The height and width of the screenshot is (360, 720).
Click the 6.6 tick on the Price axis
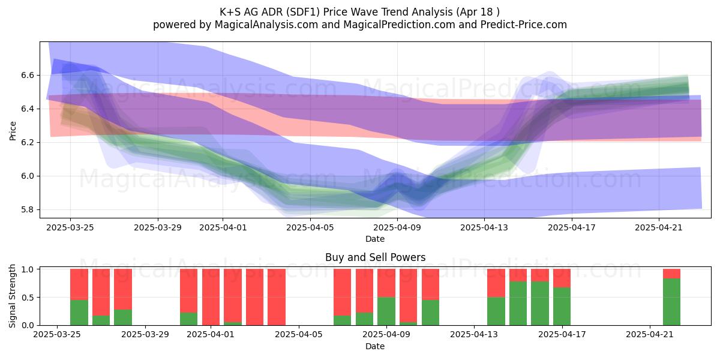pyautogui.click(x=28, y=76)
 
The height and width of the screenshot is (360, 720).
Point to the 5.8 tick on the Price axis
pyautogui.click(x=28, y=210)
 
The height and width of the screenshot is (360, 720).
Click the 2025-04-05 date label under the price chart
pyautogui.click(x=310, y=227)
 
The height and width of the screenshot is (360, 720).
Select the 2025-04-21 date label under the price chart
pyautogui.click(x=659, y=227)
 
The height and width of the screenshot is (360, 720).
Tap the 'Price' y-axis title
pyautogui.click(x=13, y=131)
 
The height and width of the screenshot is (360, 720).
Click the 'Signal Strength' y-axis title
pyautogui.click(x=12, y=296)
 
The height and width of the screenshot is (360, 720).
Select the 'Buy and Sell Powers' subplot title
pyautogui.click(x=375, y=257)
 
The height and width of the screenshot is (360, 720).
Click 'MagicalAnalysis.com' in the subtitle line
pyautogui.click(x=266, y=25)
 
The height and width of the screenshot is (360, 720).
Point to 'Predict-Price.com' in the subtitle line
pyautogui.click(x=524, y=25)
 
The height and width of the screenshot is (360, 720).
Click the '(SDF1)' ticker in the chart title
pyautogui.click(x=302, y=12)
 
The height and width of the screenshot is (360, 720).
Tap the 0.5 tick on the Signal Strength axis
pyautogui.click(x=28, y=298)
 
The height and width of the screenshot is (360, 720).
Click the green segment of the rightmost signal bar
pyautogui.click(x=671, y=302)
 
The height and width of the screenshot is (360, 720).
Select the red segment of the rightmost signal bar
pyautogui.click(x=671, y=274)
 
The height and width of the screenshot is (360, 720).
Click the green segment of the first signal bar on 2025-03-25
pyautogui.click(x=79, y=313)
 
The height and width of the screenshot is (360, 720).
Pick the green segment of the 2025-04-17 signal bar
pyautogui.click(x=562, y=306)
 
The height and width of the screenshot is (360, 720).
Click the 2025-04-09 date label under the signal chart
pyautogui.click(x=386, y=334)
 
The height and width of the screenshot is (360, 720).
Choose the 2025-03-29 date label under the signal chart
pyautogui.click(x=145, y=334)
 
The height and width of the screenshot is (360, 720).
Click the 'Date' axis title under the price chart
pyautogui.click(x=375, y=239)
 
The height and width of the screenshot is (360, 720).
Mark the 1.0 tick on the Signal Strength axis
pyautogui.click(x=28, y=269)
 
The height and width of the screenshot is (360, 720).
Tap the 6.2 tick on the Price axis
pyautogui.click(x=28, y=143)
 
